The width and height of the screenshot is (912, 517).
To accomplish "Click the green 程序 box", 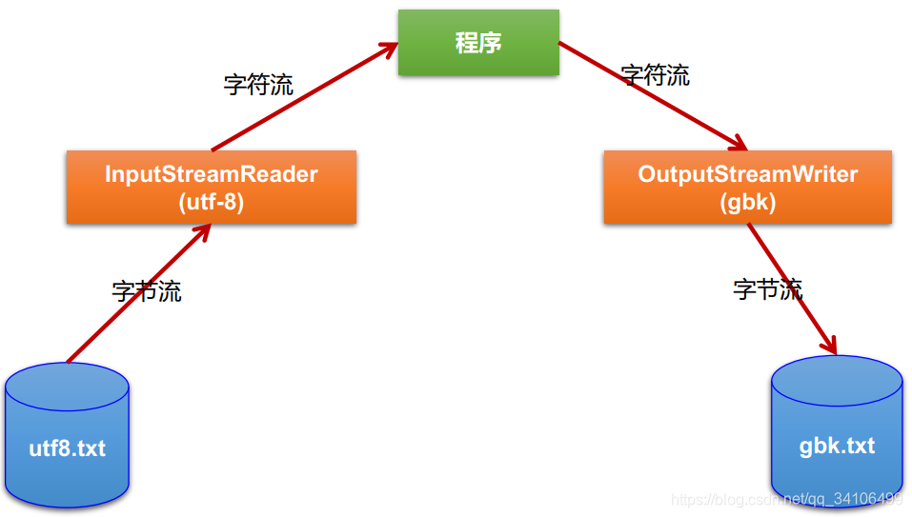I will tap(477, 43).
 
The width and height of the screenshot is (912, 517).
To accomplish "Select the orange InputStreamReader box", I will tap(211, 188).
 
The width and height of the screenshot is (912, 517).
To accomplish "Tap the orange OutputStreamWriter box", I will tap(747, 188).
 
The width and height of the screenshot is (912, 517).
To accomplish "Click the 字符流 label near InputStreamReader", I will tap(258, 84).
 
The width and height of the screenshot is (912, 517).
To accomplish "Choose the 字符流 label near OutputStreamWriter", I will tap(656, 75).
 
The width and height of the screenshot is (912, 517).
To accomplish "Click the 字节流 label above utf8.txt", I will tap(147, 291).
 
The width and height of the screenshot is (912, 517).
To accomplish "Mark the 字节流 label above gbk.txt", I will tap(768, 289).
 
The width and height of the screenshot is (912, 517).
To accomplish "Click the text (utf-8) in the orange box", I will tap(211, 202).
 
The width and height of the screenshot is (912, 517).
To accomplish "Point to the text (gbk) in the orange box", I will tap(747, 202).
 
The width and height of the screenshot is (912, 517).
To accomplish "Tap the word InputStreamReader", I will tap(211, 174).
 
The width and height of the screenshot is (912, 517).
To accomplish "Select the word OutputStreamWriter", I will tap(747, 174).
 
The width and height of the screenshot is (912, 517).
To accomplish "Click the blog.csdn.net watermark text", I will tap(787, 500).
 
